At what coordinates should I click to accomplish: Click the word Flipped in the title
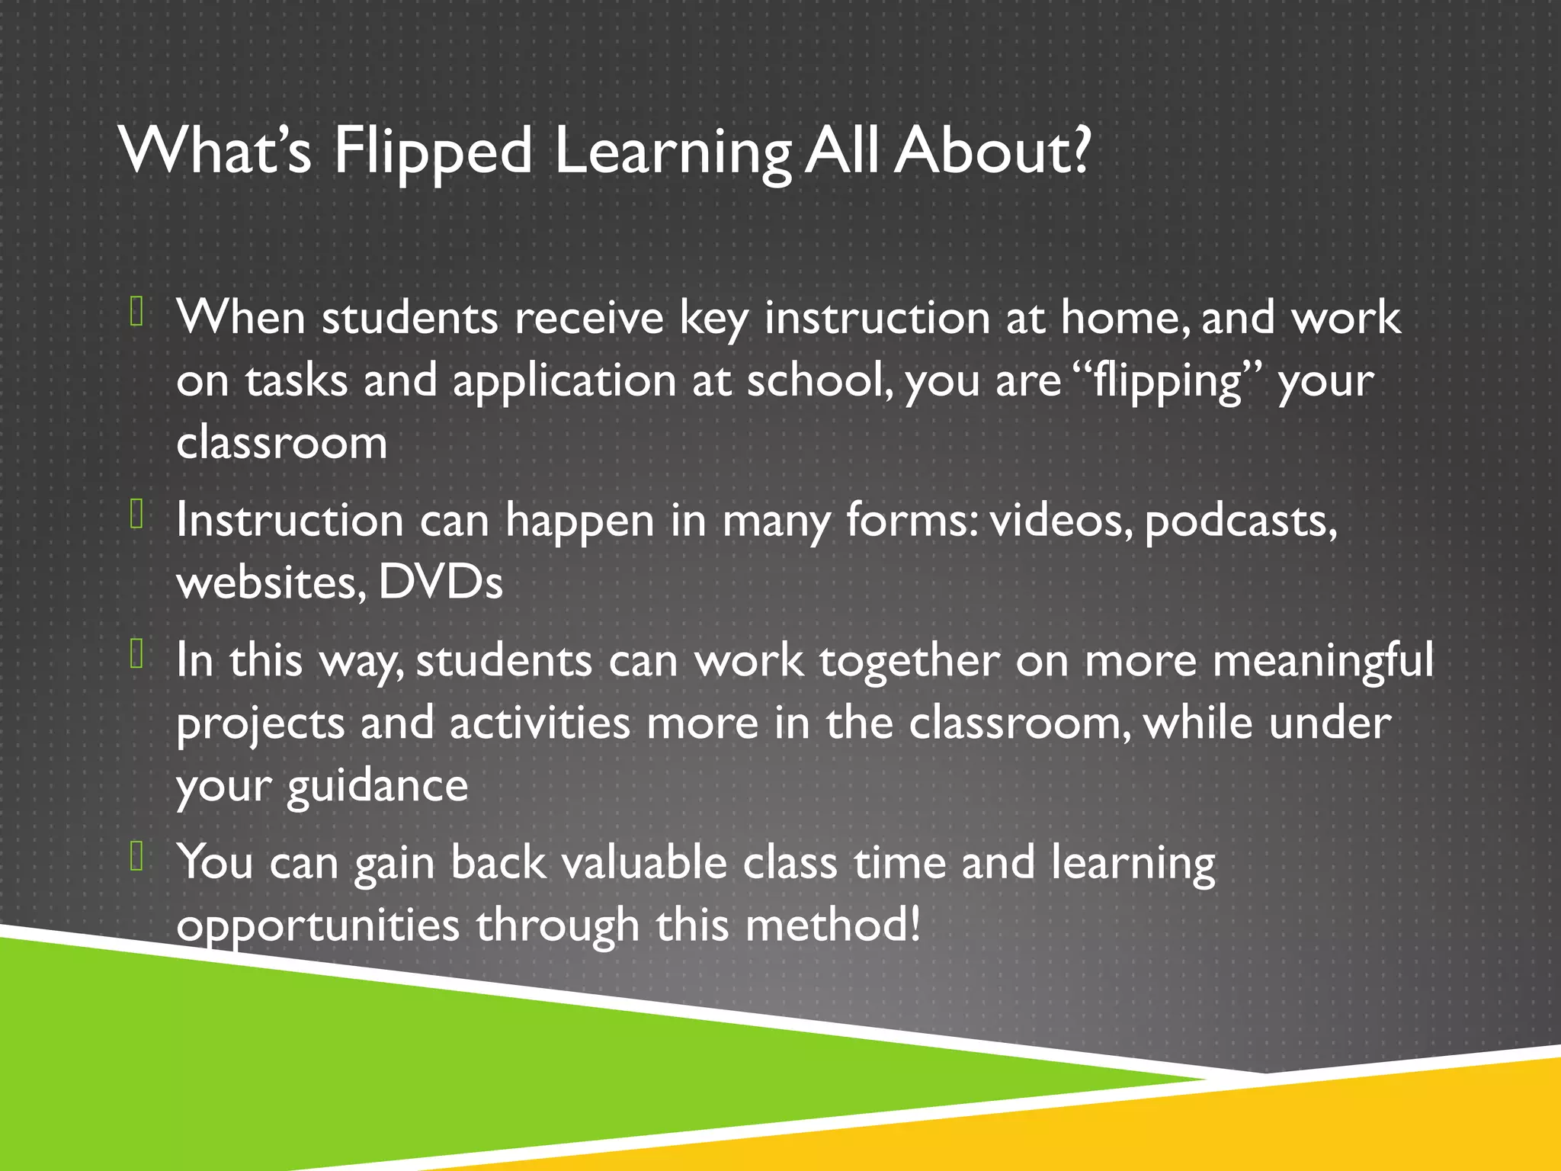pos(432,151)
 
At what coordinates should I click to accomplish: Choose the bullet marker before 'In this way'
pos(137,653)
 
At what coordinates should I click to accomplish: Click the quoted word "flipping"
pos(1171,381)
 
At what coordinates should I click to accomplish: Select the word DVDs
pos(441,582)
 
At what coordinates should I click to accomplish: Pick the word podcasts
pos(1240,521)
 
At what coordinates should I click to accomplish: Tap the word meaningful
pos(1322,661)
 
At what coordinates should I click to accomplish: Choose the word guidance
pos(377,787)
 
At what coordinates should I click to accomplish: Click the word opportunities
pos(318,926)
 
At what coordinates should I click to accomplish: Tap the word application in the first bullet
pos(564,381)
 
